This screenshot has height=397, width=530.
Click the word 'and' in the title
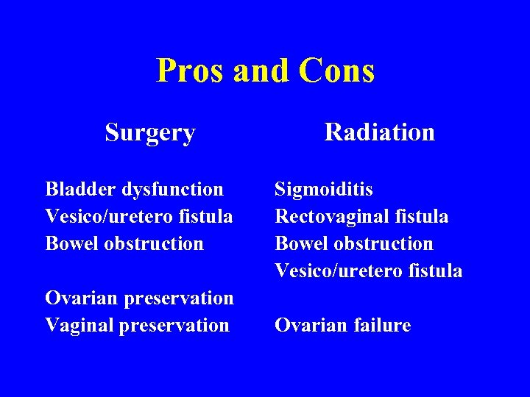point(261,71)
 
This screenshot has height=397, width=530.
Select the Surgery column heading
point(150,133)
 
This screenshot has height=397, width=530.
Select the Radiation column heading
point(379,132)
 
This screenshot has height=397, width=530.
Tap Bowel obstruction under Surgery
point(124,243)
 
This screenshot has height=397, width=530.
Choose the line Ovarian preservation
point(139,298)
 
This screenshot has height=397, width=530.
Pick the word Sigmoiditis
point(324,190)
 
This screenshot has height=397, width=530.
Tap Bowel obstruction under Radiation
point(354,243)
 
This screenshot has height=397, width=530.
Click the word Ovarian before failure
point(309,325)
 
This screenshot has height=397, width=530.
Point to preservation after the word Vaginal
point(174,325)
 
